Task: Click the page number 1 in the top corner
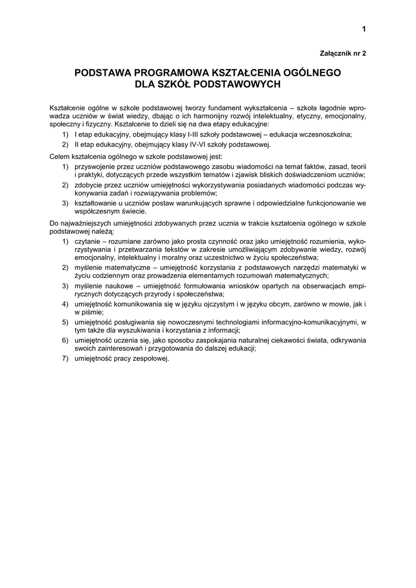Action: (x=364, y=29)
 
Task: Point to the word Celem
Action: (x=60, y=156)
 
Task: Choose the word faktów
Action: (x=300, y=166)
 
